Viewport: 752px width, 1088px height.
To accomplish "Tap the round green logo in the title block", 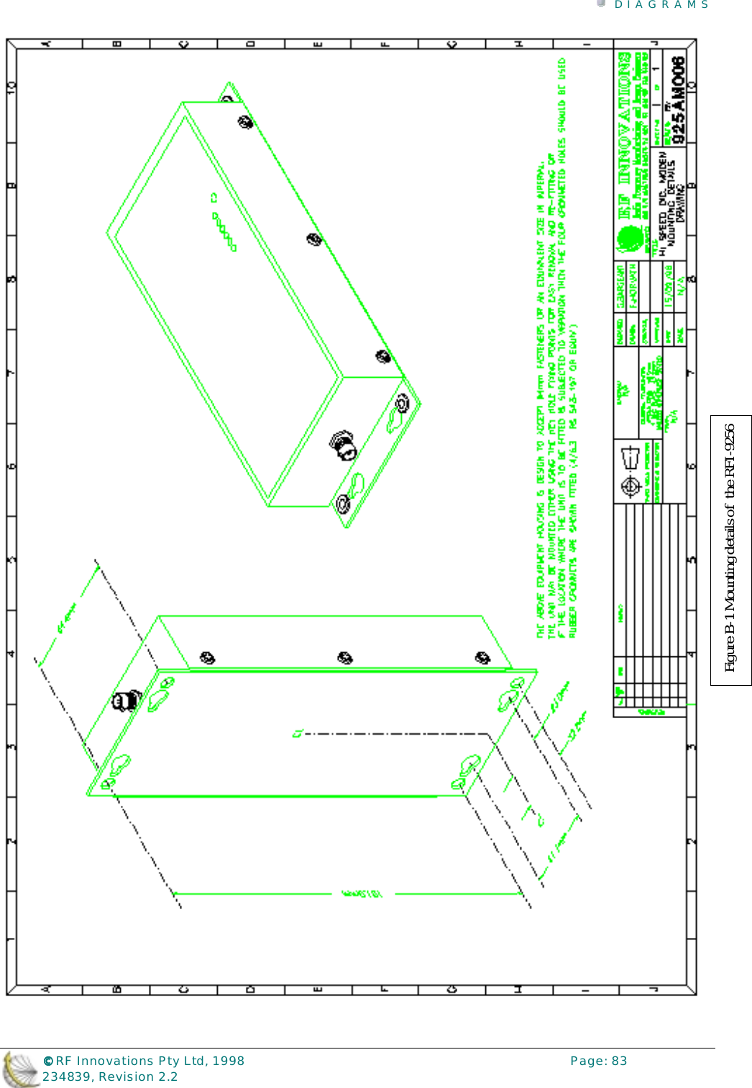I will click(x=629, y=238).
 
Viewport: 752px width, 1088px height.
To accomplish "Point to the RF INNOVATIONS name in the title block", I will click(x=625, y=129).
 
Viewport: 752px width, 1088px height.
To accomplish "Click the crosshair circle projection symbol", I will click(x=631, y=486).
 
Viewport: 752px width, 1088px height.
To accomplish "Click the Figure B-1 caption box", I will click(x=730, y=549).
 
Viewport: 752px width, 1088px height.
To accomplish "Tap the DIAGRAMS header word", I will click(x=661, y=5).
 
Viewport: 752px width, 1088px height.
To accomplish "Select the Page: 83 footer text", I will click(x=598, y=1061).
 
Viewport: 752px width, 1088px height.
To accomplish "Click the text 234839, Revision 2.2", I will click(x=110, y=1077).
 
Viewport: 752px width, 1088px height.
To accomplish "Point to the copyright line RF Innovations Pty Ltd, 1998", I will click(x=144, y=1061).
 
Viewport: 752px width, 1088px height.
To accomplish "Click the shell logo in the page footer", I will click(x=20, y=1069).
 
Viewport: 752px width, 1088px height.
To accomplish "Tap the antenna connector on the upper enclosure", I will click(x=344, y=445).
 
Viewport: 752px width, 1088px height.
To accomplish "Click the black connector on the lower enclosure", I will click(x=127, y=699).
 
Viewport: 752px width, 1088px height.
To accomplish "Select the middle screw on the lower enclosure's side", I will click(x=345, y=658).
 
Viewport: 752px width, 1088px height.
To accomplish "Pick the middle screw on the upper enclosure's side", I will click(x=314, y=239).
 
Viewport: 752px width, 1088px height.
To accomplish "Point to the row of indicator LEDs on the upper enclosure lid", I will click(x=224, y=230).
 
